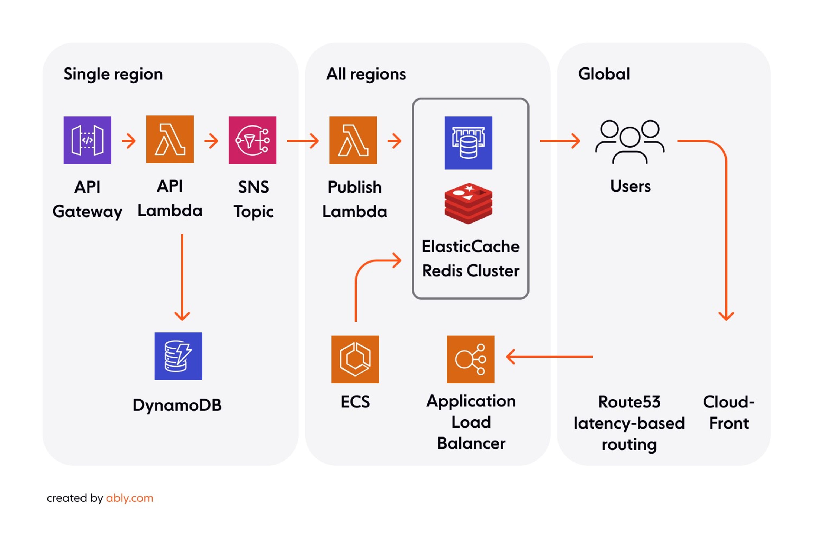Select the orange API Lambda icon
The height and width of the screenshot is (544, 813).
point(170,139)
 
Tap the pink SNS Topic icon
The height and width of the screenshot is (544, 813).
point(252,140)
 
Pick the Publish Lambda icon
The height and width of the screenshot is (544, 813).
point(353,140)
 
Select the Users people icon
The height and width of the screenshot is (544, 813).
point(630,141)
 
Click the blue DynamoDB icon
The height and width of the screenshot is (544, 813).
point(178,356)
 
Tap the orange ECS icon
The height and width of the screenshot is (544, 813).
point(355,359)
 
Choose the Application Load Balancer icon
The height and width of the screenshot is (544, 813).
point(470,359)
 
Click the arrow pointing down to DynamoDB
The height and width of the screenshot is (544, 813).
point(182,277)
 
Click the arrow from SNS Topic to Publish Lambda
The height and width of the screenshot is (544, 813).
point(303,141)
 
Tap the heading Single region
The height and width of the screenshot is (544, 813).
point(113,74)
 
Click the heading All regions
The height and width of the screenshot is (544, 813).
point(366,74)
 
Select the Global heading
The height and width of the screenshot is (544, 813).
point(604,74)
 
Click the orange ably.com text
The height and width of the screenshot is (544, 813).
point(130,498)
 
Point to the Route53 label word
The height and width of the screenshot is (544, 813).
point(629,402)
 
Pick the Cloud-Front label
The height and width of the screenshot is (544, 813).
point(729,412)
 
